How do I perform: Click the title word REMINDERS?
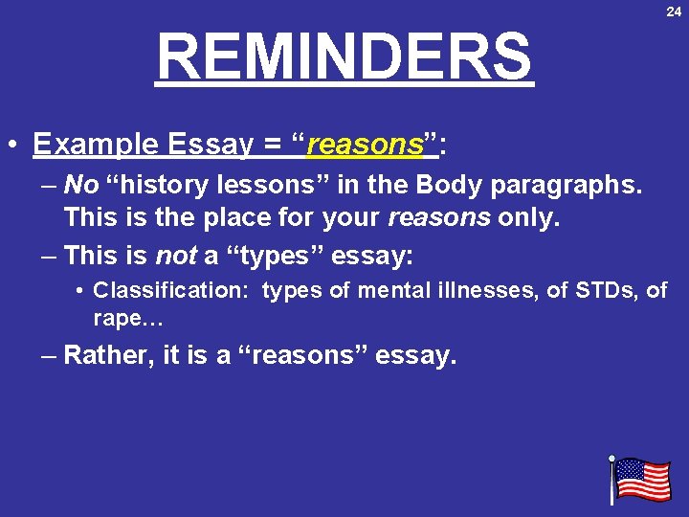pyautogui.click(x=344, y=56)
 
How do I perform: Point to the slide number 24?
pyautogui.click(x=674, y=11)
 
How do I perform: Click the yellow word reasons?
pyautogui.click(x=364, y=145)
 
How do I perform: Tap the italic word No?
pyautogui.click(x=81, y=185)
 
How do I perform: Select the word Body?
pyautogui.click(x=430, y=185)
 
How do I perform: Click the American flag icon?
pyautogui.click(x=640, y=479)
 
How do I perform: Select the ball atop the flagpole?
pyautogui.click(x=611, y=459)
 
